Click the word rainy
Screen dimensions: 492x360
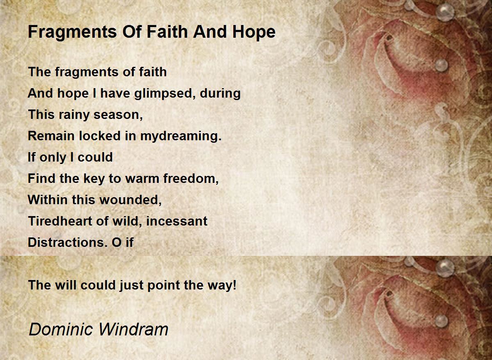74,115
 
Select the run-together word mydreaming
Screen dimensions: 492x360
180,137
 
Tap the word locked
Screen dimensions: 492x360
100,136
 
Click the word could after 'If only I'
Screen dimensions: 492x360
95,157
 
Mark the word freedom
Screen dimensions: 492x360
190,179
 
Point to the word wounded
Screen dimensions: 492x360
130,200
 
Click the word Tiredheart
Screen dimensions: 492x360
60,221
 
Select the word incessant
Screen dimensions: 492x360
177,221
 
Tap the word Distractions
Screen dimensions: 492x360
68,242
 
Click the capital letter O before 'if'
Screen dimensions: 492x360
116,242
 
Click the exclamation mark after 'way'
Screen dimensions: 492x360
235,285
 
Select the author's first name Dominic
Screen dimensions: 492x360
61,330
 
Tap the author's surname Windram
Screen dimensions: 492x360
134,330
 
